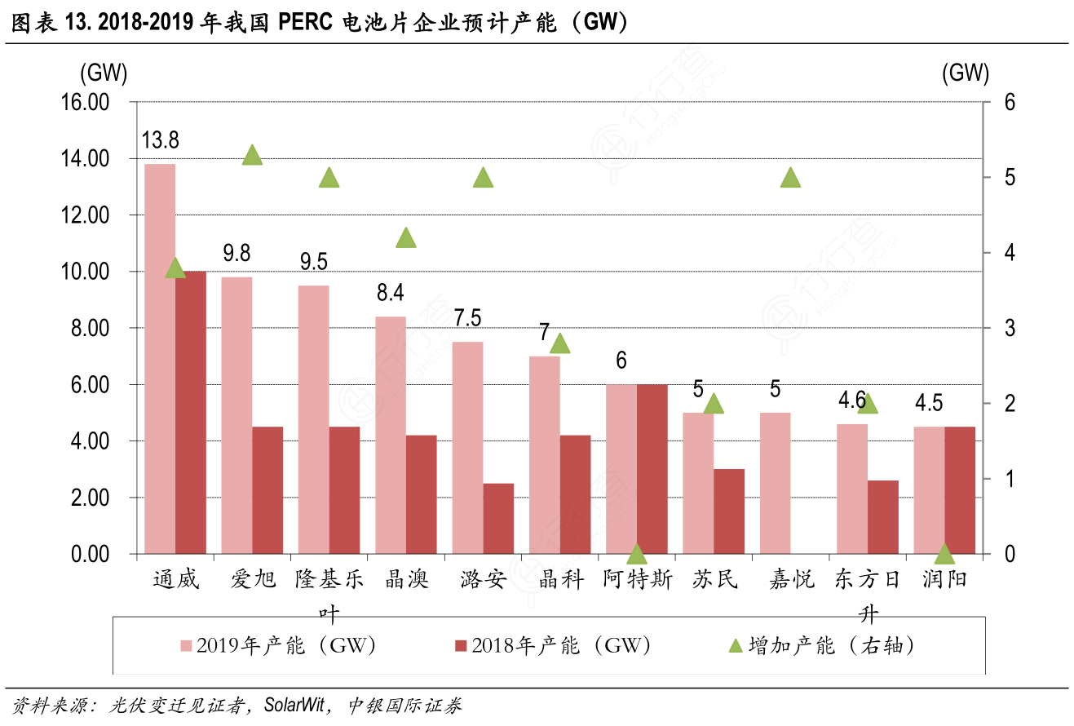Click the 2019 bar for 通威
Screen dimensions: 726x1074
pyautogui.click(x=160, y=359)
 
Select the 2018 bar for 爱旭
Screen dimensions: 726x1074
pyautogui.click(x=267, y=490)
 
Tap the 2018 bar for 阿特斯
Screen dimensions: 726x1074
pyautogui.click(x=652, y=469)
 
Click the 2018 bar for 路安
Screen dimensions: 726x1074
pyautogui.click(x=498, y=519)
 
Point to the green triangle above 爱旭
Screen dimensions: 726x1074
pyautogui.click(x=252, y=155)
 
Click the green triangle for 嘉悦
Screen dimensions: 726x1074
pyautogui.click(x=790, y=177)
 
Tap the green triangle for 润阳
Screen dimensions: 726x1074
pyautogui.click(x=944, y=554)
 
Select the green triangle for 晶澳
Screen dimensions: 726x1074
pyautogui.click(x=406, y=238)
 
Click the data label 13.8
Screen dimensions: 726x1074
pyautogui.click(x=160, y=140)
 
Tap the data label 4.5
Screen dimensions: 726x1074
pyautogui.click(x=929, y=403)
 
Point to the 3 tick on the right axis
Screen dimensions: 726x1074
pyautogui.click(x=987, y=328)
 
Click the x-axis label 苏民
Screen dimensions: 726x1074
pyautogui.click(x=714, y=580)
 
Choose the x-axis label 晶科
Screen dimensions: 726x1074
pyautogui.click(x=561, y=580)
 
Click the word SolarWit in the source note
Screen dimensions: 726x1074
pyautogui.click(x=294, y=705)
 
